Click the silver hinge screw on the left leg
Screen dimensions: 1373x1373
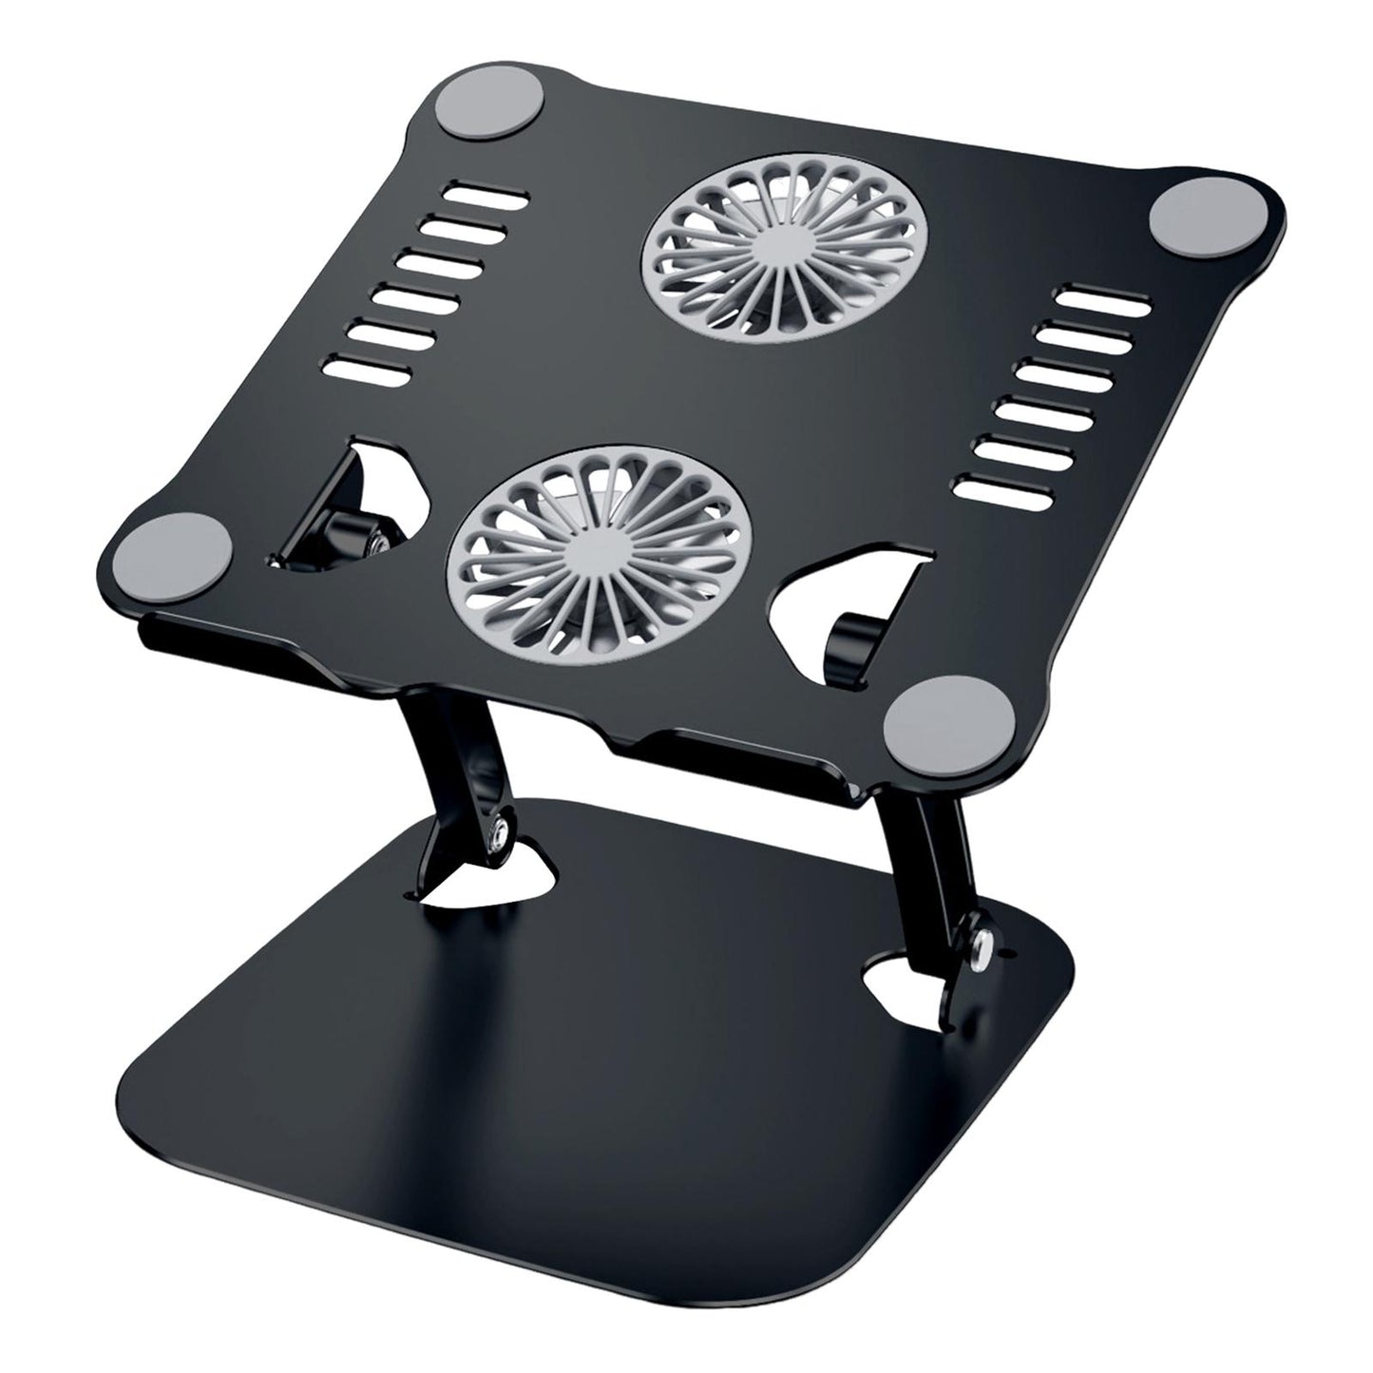pyautogui.click(x=497, y=836)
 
